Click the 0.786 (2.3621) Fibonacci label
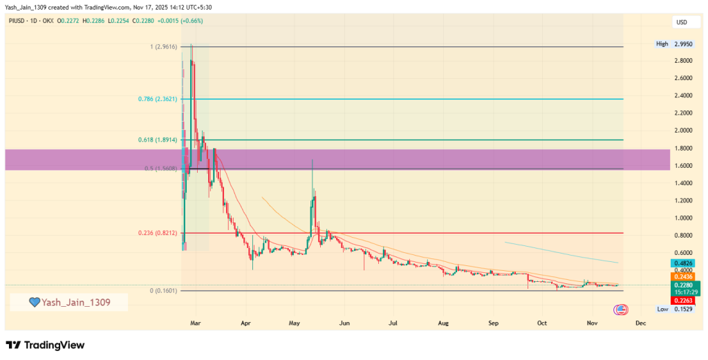158,100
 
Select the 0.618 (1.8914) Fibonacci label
158,140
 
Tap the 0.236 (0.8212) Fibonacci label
158,234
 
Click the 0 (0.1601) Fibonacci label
163,291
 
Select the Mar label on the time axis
196,323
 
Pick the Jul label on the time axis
393,323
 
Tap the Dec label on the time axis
641,323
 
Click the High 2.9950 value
675,44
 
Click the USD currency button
682,23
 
